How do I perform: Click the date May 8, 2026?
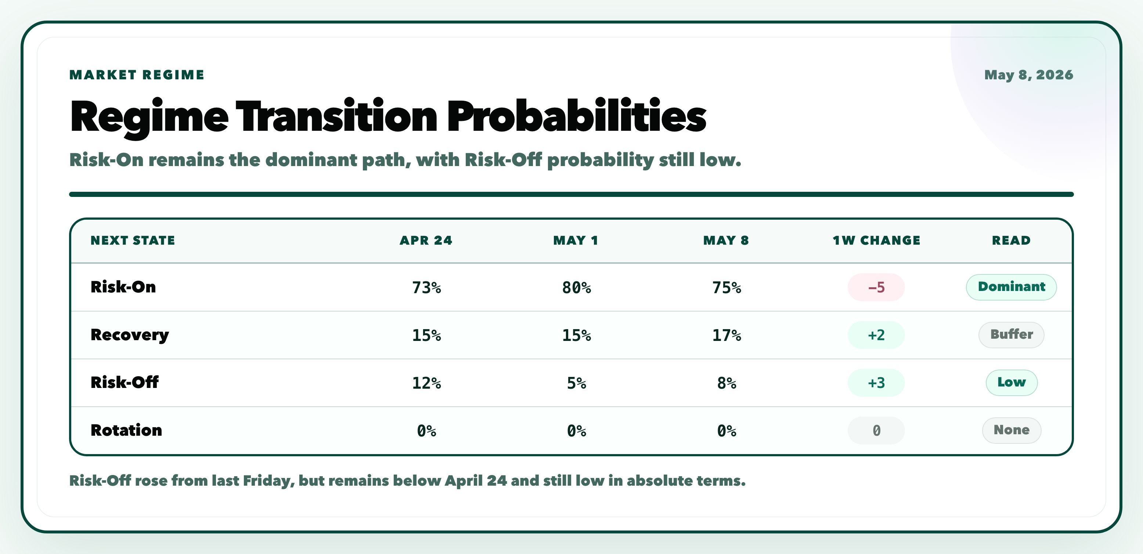pos(1028,75)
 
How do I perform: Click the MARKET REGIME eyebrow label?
pos(137,75)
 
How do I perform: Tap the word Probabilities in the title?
pos(576,116)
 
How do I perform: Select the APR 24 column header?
pos(426,240)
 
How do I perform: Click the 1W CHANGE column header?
pos(876,240)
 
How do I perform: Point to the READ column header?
pos(1011,240)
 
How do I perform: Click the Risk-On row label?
pos(123,287)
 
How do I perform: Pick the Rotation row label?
pos(126,430)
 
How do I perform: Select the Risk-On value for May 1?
pos(576,288)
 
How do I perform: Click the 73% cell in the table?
pos(426,288)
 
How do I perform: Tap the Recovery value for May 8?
pos(726,335)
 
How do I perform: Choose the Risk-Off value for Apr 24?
pos(426,383)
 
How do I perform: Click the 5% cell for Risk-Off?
pos(576,383)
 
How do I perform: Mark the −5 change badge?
pos(876,287)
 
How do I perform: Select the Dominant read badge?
pos(1011,287)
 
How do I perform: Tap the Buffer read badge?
pos(1011,334)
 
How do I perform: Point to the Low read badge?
pos(1011,382)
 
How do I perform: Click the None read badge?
pos(1011,430)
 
